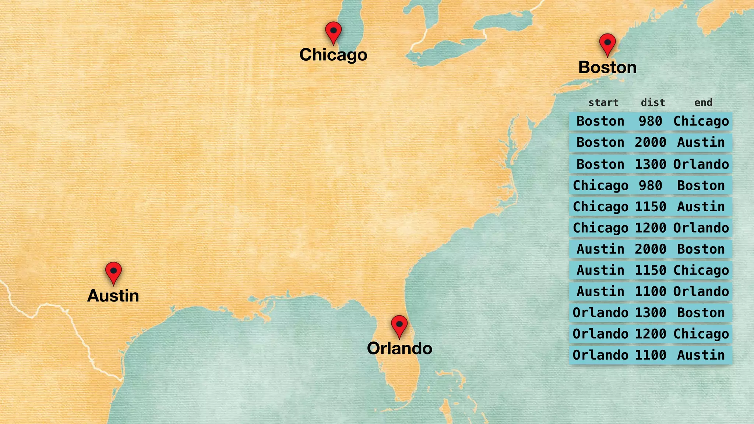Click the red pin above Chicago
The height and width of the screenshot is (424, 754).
333,31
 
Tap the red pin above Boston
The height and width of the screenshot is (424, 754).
607,43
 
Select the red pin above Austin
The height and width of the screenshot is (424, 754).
113,272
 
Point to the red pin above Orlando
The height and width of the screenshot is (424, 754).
399,325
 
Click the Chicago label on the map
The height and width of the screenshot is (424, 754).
333,55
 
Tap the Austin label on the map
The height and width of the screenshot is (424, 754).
113,296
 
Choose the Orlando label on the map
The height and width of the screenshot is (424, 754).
399,348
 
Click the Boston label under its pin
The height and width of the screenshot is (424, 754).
607,67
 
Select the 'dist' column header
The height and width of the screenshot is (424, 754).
653,102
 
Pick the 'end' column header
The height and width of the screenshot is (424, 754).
703,102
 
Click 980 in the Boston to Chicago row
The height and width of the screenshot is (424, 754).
650,121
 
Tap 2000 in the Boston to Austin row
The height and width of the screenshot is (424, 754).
650,142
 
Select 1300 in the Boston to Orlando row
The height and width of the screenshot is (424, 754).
650,164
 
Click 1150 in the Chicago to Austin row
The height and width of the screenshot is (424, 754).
650,206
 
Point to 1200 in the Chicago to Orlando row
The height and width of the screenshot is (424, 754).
650,228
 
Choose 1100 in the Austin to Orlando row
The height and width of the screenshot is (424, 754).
650,291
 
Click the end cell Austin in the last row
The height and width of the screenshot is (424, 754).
701,355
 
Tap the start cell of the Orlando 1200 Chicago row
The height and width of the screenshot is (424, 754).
600,334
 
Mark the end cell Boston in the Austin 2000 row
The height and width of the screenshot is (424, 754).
701,249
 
